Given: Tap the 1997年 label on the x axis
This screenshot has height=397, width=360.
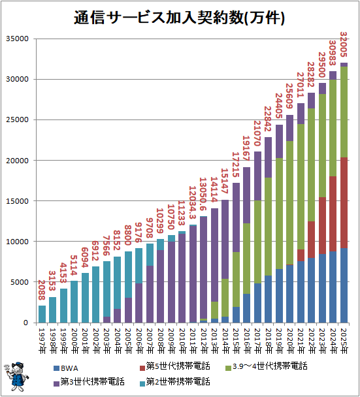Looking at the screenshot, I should click(x=42, y=340).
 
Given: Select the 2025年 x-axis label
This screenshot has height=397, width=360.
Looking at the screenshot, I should click(x=344, y=340).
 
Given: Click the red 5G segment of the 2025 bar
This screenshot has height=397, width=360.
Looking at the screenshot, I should click(x=344, y=202).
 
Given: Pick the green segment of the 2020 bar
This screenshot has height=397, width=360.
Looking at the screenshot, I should click(x=289, y=202).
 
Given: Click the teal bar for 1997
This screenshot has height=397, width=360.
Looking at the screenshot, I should click(x=42, y=314).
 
